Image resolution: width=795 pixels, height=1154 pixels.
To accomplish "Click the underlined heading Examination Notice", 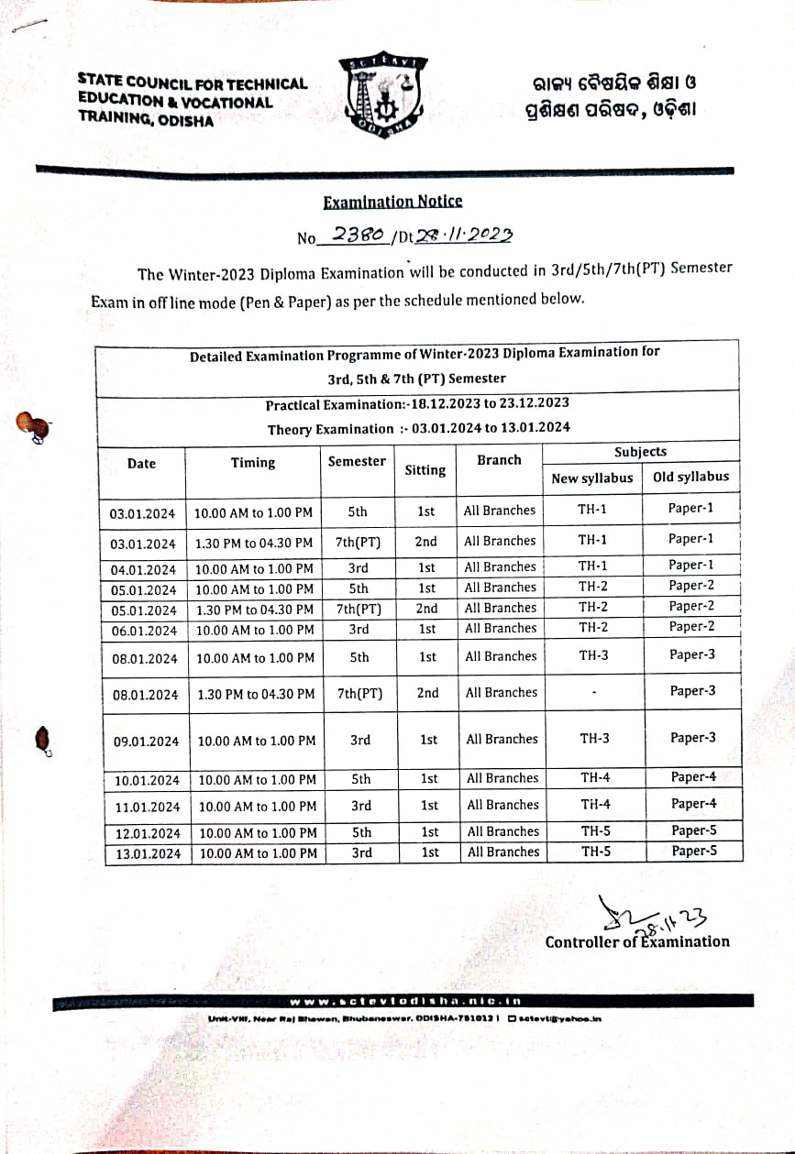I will (x=392, y=202).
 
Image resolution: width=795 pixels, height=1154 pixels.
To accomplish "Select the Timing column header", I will (x=253, y=463).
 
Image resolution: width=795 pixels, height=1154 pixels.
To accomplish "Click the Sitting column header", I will (x=425, y=470).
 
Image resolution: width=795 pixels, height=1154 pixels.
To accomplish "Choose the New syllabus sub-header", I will (x=591, y=478).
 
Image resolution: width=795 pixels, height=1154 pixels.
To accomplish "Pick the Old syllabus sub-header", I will (x=690, y=477).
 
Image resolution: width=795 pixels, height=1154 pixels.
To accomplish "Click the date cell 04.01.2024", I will (x=143, y=569).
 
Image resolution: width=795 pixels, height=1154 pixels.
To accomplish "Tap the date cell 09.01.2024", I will (x=146, y=741).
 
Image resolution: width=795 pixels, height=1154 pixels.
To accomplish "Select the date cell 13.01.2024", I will (x=148, y=853).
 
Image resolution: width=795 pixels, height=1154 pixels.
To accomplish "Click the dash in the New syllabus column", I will (x=594, y=694).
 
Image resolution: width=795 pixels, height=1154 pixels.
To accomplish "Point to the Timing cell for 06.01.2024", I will (x=255, y=630).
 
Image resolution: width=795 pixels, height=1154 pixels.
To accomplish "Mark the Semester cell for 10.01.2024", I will (x=361, y=779).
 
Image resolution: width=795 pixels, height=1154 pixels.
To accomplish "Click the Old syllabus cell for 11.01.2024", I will (x=693, y=804).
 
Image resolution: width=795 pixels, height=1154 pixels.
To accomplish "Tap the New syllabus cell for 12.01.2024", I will (x=596, y=831).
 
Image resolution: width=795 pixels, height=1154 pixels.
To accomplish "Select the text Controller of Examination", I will (x=637, y=942).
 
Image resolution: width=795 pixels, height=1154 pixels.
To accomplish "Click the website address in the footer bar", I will (x=405, y=1001).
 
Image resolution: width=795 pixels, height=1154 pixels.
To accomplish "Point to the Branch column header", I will (x=499, y=460).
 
